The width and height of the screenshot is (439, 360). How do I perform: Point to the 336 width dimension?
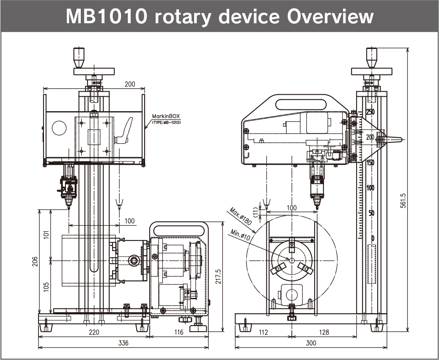click(123, 343)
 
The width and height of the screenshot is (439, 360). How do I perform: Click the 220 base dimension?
click(94, 332)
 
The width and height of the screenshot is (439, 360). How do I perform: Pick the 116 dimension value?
click(179, 332)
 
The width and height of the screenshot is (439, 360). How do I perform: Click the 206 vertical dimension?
click(35, 262)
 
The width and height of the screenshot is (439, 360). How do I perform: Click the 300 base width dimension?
click(311, 343)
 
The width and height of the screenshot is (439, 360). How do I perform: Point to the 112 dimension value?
click(263, 332)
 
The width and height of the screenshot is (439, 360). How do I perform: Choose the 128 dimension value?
click(324, 332)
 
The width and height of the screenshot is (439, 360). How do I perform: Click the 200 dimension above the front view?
click(130, 84)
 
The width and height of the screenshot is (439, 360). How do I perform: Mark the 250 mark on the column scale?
click(370, 112)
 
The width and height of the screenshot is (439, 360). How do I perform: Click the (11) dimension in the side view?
click(255, 210)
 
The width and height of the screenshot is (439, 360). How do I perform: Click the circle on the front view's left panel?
click(59, 128)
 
